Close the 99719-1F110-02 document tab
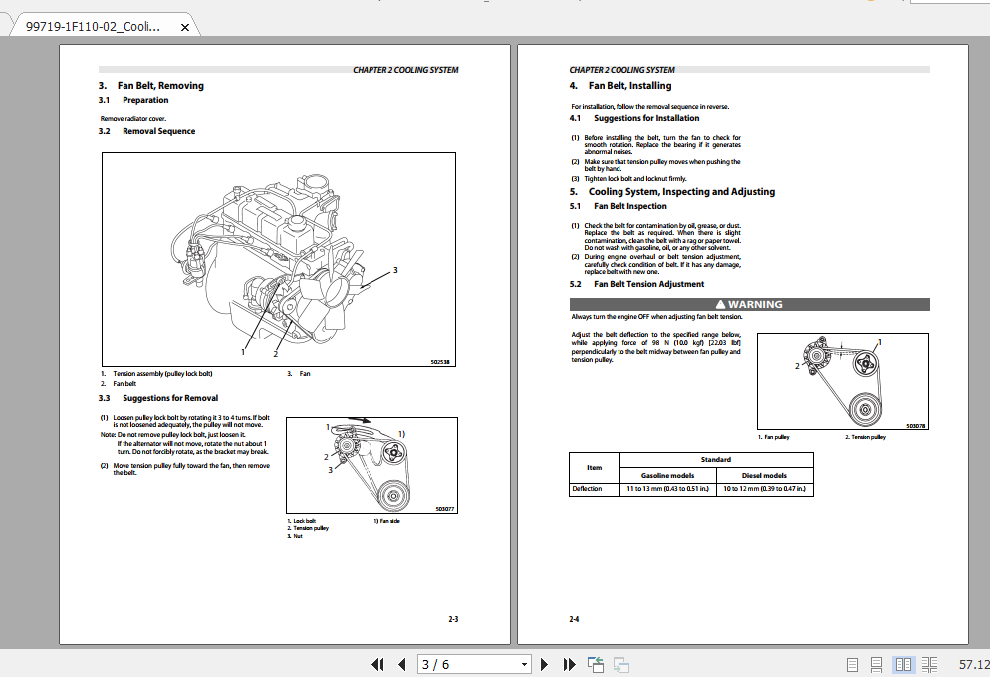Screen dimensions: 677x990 coord(184,28)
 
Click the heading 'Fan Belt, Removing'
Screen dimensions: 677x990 coord(160,86)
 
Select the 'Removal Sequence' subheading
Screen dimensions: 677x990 coord(158,131)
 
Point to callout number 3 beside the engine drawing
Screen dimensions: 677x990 coord(395,270)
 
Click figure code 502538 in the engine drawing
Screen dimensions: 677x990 coord(440,363)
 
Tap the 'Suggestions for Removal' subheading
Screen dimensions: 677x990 coord(169,398)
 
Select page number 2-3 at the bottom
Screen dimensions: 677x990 coord(453,619)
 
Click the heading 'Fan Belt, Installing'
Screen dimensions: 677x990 coord(629,86)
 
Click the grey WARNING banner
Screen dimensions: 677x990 coord(749,304)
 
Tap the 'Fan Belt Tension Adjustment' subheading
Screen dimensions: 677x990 coord(648,284)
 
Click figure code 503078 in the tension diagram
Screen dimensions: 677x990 coord(915,425)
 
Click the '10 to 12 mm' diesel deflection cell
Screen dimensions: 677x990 coord(764,489)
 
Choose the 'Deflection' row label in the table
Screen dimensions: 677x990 coord(587,489)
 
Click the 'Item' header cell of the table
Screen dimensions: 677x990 coord(594,466)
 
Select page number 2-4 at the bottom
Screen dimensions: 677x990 coord(574,619)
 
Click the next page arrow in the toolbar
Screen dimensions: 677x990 coord(544,664)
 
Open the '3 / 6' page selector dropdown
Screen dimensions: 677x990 coord(524,664)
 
